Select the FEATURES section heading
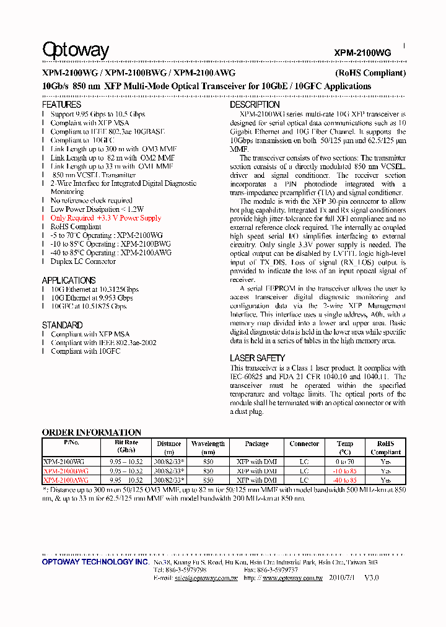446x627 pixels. [61, 105]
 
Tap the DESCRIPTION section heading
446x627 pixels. [255, 105]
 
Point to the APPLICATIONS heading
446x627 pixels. [68, 280]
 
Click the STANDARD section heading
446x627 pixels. [62, 325]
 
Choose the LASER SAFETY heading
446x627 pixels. [257, 357]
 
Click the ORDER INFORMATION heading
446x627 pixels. [92, 432]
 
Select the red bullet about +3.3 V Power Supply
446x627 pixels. [105, 218]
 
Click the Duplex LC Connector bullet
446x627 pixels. [83, 261]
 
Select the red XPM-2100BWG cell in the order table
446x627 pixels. [66, 471]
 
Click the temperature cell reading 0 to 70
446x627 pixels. [345, 462]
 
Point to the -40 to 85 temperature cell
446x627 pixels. [345, 480]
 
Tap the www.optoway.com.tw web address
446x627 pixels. [292, 577]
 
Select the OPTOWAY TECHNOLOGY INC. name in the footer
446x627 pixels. [95, 561]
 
